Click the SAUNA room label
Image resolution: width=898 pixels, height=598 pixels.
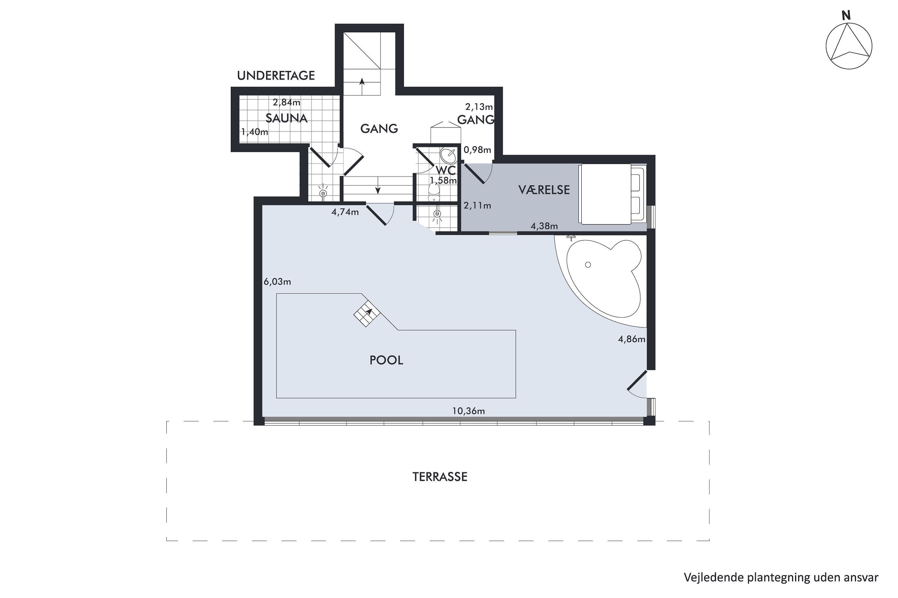point(286,118)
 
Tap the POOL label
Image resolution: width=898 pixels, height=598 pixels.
point(386,360)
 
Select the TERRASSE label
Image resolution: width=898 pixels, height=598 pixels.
point(440,477)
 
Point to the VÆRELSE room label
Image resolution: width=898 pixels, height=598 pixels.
point(544,190)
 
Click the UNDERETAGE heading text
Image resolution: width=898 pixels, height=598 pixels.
point(276,76)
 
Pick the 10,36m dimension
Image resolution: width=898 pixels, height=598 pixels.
point(468,411)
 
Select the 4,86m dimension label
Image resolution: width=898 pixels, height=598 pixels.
point(632,339)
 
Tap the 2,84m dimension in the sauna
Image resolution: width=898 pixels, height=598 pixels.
point(286,102)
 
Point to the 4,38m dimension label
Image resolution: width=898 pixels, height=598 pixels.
point(544,226)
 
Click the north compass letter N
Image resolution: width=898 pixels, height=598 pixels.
point(847,16)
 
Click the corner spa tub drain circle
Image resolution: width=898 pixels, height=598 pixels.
point(588,265)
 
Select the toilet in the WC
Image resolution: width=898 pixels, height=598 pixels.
point(434,192)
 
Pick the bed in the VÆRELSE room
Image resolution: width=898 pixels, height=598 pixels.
point(611,194)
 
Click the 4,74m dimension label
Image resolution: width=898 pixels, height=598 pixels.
point(345,212)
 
